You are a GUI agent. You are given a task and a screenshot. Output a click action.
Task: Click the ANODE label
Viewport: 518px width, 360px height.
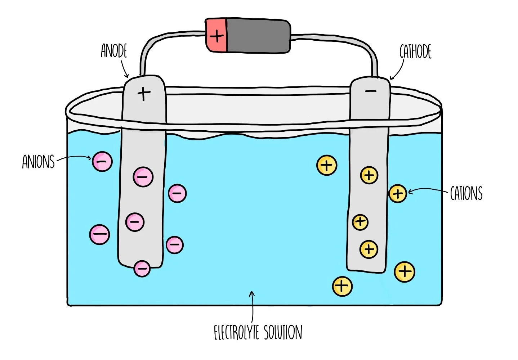pos(114,51)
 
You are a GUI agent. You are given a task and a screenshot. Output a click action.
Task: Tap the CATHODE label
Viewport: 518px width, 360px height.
pos(415,52)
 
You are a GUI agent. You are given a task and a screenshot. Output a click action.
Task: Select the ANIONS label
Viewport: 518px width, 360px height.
pos(38,162)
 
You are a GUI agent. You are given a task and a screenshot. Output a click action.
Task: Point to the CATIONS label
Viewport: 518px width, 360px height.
pos(466,193)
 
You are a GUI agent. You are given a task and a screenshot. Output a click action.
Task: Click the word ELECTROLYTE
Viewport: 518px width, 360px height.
pos(236,332)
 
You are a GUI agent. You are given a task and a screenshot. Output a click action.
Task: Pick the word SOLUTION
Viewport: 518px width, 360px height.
pos(283,332)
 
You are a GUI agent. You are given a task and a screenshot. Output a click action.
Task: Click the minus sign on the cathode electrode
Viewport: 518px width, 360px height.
pos(371,91)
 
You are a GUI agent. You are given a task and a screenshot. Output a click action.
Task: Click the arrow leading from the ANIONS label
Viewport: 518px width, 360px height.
pos(74,158)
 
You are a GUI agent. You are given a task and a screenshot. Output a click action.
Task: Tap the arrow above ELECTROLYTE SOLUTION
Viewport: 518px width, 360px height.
pos(252,306)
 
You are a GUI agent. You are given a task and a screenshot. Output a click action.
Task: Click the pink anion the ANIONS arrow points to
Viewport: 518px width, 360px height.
pos(102,161)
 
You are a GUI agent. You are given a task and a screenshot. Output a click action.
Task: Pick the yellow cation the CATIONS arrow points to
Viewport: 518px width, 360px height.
pos(398,194)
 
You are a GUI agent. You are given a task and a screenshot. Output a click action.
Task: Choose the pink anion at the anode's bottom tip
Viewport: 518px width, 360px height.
pos(142,268)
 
